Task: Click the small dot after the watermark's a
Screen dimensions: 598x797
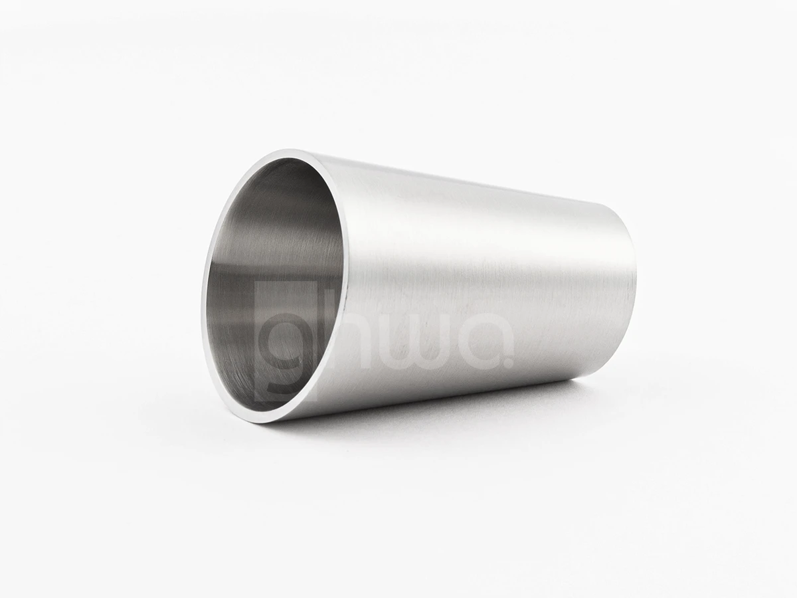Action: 509,363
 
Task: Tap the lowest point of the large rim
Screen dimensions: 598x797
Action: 266,422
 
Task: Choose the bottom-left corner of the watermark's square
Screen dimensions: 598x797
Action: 256,405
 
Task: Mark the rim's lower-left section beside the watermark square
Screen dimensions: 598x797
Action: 219,372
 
